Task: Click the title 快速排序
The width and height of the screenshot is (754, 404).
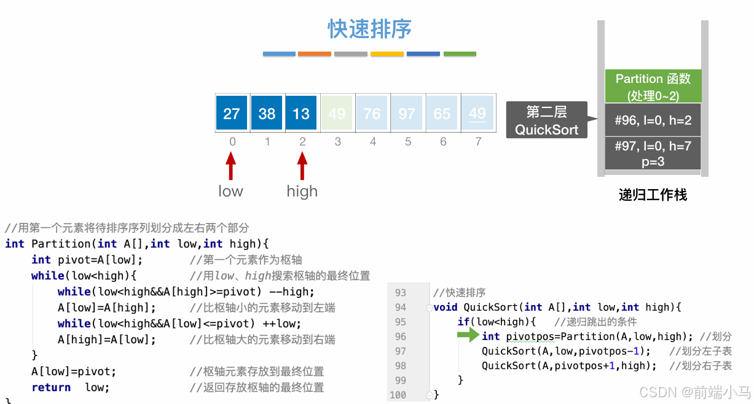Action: coord(369,29)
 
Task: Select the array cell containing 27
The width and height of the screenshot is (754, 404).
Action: coord(232,113)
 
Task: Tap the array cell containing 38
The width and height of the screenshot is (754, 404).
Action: coord(267,113)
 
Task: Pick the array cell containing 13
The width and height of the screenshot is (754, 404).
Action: coord(301,113)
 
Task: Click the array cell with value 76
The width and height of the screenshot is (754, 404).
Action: coord(372,113)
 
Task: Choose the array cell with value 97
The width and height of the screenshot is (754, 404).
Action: coord(407,113)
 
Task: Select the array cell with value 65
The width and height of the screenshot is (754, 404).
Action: coord(442,113)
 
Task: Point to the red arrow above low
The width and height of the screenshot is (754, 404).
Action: coord(230,166)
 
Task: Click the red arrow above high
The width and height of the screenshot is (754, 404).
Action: coord(302,166)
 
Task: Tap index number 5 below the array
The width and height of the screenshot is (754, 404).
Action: coord(408,142)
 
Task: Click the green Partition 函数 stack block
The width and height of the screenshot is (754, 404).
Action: coord(653,87)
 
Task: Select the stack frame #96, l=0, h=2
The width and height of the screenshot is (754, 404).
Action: coord(653,120)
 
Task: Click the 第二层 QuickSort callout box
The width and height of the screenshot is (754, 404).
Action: coord(546,120)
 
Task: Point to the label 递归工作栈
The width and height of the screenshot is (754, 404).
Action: coord(653,195)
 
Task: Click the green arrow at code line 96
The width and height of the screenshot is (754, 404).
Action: coord(468,335)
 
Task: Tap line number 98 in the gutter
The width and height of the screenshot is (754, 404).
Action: coord(400,366)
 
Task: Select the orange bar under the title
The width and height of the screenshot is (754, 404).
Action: coord(315,54)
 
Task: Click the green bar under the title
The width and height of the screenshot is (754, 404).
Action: coord(460,54)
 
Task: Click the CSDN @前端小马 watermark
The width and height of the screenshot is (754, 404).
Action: coord(694,392)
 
